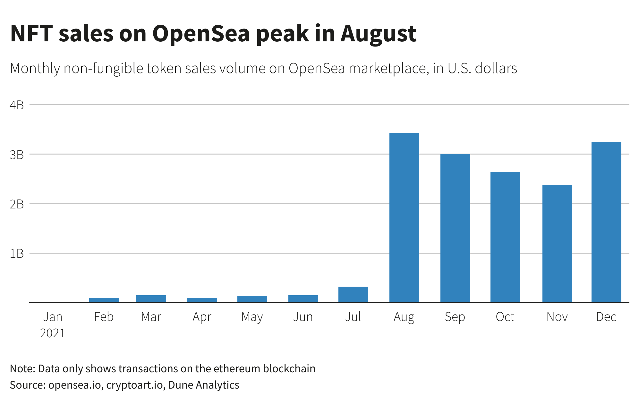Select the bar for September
pos(455,228)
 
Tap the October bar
pos(505,237)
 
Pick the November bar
pos(557,244)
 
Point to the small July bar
pos(353,294)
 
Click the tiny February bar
pos(104,300)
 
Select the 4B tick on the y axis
pos(17,105)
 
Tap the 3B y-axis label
pos(17,155)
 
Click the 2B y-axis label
pos(17,204)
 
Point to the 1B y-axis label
pos(17,254)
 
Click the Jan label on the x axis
pos(53,317)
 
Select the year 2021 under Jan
pos(53,333)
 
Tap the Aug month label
pos(404,317)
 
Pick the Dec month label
pos(606,317)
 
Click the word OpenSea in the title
pos(201,33)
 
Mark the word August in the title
pos(378,34)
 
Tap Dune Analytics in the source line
pos(204,385)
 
